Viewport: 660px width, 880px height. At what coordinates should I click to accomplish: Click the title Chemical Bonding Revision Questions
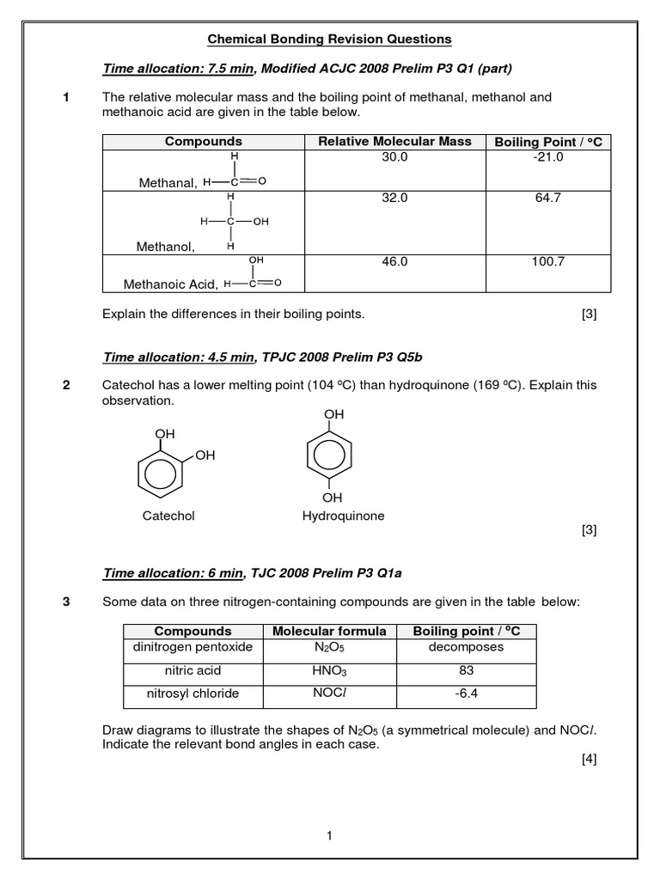click(x=330, y=40)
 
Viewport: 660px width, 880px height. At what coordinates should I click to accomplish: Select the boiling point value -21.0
click(x=547, y=158)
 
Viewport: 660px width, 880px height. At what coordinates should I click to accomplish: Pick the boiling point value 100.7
click(x=547, y=261)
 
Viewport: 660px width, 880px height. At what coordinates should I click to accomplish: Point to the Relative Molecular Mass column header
click(x=394, y=142)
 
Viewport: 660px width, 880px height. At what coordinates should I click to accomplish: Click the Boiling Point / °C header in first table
click(x=547, y=142)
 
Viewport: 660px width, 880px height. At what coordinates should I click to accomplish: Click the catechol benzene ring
click(x=159, y=474)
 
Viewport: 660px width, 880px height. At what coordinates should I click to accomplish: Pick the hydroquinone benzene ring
click(x=332, y=456)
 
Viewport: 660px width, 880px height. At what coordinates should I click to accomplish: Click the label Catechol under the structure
click(x=168, y=516)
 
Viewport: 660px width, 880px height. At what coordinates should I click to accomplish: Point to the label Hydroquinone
click(x=343, y=516)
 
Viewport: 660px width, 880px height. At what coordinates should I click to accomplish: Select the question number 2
click(x=67, y=385)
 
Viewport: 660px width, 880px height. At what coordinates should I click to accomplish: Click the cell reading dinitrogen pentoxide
click(x=192, y=647)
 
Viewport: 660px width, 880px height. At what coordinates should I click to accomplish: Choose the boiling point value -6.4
click(x=466, y=693)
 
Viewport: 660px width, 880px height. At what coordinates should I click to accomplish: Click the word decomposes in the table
click(x=466, y=647)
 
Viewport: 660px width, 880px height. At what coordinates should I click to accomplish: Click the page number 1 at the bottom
click(x=330, y=835)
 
